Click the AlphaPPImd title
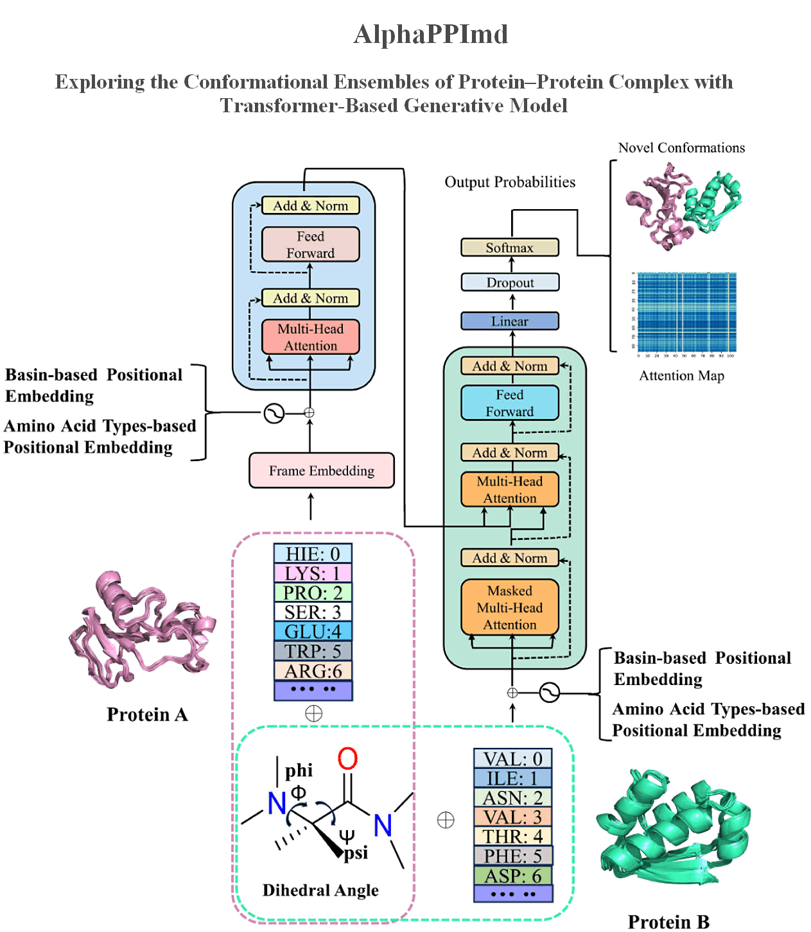click(431, 34)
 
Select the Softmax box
click(510, 248)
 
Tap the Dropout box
click(510, 282)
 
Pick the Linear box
click(510, 321)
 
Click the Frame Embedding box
click(322, 471)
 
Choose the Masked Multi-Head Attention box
click(510, 607)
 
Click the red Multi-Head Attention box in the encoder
click(310, 337)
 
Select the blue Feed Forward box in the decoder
click(510, 403)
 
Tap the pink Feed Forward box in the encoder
click(310, 244)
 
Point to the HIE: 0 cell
click(313, 554)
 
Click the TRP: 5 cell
click(313, 651)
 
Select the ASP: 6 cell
click(513, 876)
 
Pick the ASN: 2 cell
click(513, 798)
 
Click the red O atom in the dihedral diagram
click(347, 759)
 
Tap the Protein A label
click(147, 715)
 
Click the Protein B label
click(668, 922)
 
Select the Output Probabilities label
click(510, 182)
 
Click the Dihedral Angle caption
click(320, 890)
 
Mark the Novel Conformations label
click(681, 148)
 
